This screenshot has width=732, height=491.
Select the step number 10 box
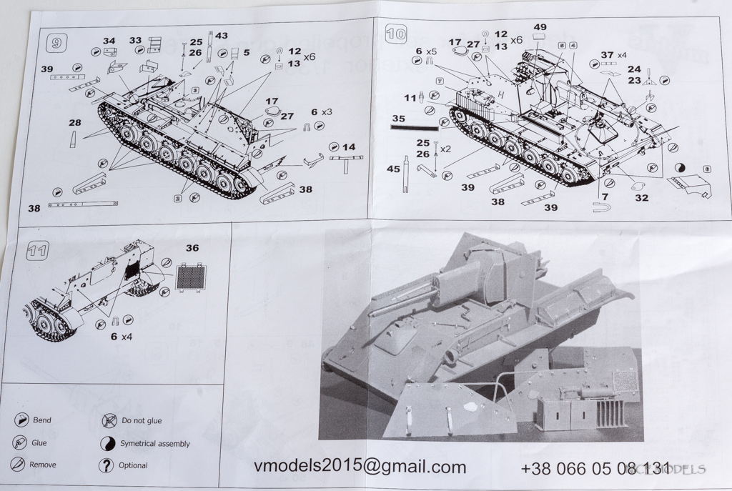click(395, 33)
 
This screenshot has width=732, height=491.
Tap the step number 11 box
click(37, 250)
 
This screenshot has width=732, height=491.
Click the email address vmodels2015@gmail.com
click(360, 467)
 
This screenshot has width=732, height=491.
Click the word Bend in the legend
click(42, 420)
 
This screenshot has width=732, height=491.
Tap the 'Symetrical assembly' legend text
click(155, 443)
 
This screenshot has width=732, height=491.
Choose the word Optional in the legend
click(134, 465)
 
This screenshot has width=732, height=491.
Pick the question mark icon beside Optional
click(107, 465)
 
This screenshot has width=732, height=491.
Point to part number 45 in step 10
click(393, 169)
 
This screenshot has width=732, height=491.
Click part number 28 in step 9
click(74, 123)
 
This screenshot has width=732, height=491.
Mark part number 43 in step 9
click(222, 36)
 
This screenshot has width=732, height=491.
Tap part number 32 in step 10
click(641, 197)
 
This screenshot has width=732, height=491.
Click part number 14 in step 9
click(348, 147)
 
